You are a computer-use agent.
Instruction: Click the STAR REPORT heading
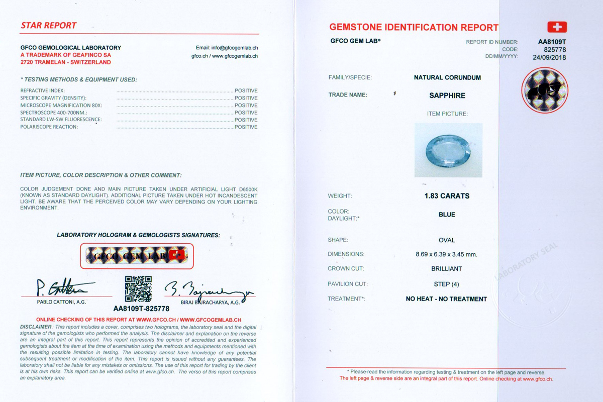[49, 26]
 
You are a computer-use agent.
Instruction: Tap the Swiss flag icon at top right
[556, 27]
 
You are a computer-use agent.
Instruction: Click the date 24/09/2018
[549, 57]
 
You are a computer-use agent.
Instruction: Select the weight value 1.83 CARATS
[447, 196]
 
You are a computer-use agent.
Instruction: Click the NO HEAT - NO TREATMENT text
[446, 299]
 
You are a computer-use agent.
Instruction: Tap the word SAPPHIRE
[447, 95]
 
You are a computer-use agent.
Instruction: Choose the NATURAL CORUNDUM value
[447, 78]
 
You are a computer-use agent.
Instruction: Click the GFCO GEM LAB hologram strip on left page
[137, 256]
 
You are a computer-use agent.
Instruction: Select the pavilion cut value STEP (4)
[447, 284]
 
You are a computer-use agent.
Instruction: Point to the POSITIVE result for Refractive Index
[246, 91]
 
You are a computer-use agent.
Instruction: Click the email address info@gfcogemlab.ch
[227, 48]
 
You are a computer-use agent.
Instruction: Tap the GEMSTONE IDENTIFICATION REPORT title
[414, 28]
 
